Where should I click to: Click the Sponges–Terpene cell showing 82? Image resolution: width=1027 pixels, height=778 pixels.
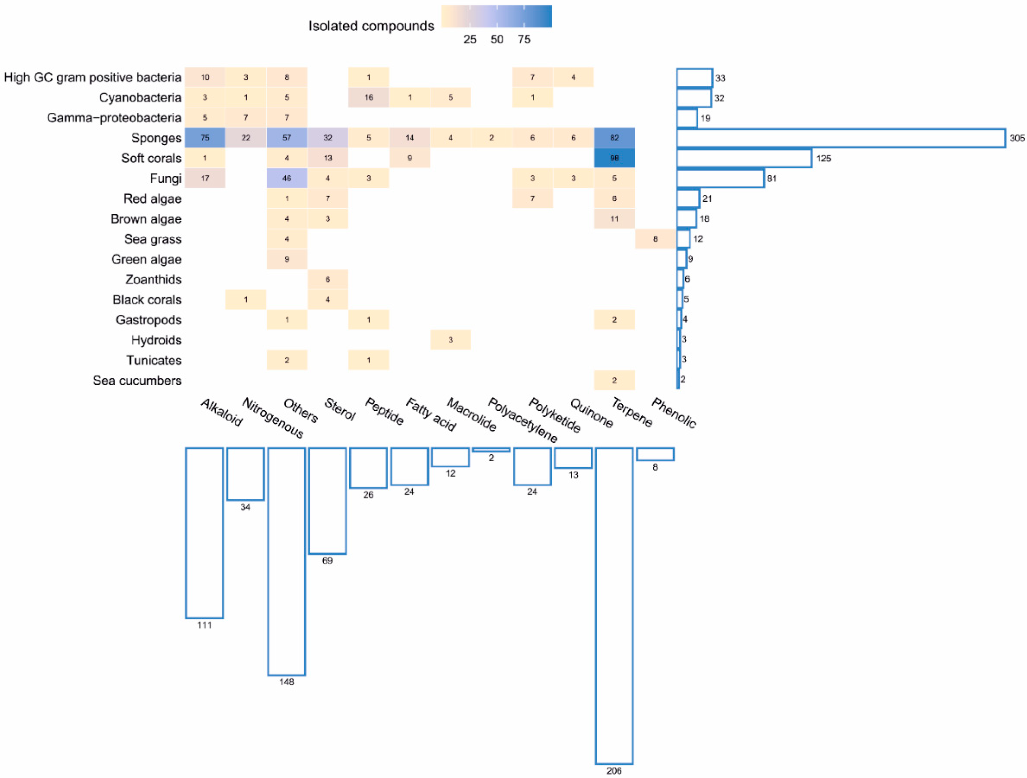pyautogui.click(x=614, y=138)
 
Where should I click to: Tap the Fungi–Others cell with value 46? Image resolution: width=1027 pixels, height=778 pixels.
pyautogui.click(x=286, y=178)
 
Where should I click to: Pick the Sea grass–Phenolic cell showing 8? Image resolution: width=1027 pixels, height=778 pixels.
pyautogui.click(x=655, y=239)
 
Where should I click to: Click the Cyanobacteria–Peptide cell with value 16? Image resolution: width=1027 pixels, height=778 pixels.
pyautogui.click(x=369, y=98)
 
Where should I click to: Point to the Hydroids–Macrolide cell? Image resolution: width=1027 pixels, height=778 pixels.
pyautogui.click(x=450, y=340)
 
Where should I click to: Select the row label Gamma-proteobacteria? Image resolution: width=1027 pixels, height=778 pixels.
pyautogui.click(x=114, y=118)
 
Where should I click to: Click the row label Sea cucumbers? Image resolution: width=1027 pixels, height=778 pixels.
pyautogui.click(x=137, y=381)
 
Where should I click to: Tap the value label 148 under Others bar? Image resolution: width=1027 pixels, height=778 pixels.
pyautogui.click(x=286, y=682)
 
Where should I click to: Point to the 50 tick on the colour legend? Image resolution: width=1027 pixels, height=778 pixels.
pyautogui.click(x=497, y=39)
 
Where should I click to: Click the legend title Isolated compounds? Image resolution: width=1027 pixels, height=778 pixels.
pyautogui.click(x=371, y=26)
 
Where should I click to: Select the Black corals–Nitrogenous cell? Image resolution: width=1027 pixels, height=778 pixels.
pyautogui.click(x=245, y=299)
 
